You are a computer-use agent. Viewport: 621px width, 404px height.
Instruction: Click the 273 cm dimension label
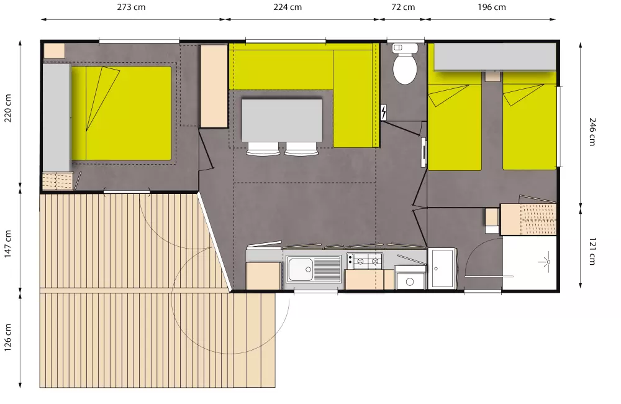[132, 7]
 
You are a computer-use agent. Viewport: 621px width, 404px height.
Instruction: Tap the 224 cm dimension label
[288, 7]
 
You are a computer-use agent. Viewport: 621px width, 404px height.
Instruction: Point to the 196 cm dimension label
[491, 7]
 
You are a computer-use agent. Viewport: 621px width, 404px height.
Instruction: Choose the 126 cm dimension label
[8, 337]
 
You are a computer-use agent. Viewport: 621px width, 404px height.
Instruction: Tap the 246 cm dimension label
[591, 132]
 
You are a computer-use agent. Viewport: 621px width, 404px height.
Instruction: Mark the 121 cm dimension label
[591, 252]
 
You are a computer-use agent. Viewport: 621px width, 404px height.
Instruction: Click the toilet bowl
[405, 68]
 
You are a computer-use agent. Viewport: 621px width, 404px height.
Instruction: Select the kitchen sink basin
[301, 269]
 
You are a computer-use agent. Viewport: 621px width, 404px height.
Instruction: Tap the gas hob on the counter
[365, 261]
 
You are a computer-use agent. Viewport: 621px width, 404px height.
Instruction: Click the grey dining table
[282, 120]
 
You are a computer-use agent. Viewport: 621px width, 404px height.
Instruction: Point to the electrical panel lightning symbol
[384, 112]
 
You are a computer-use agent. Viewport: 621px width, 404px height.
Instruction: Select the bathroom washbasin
[442, 268]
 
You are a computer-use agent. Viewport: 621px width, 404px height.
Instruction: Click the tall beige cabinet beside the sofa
[214, 86]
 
